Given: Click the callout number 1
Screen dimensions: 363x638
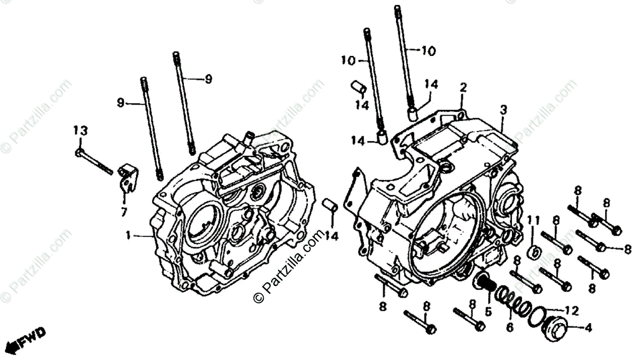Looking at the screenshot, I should [128, 234].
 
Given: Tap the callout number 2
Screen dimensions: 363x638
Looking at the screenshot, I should [463, 87].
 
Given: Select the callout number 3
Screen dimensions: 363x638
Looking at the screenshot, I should [503, 110].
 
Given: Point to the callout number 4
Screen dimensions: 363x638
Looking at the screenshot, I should [588, 328].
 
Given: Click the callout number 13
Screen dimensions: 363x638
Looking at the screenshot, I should [80, 130].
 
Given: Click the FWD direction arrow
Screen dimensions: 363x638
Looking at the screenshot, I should [30, 339].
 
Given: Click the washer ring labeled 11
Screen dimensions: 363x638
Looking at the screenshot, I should [534, 251].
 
